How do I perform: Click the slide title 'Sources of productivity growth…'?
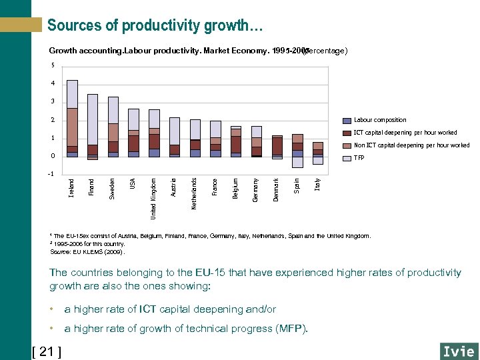click(x=155, y=25)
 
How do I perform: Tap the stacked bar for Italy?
click(x=318, y=151)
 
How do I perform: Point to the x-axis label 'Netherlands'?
click(x=194, y=193)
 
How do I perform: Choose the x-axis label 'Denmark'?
click(x=277, y=189)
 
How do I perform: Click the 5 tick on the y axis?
click(x=53, y=65)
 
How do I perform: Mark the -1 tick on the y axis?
click(x=51, y=175)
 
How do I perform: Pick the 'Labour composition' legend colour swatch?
click(x=346, y=121)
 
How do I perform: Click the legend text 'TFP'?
click(x=359, y=158)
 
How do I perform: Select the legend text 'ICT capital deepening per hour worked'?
click(x=405, y=133)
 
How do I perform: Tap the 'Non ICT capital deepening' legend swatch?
click(x=346, y=145)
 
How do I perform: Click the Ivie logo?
click(x=458, y=351)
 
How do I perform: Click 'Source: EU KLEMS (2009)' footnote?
click(x=87, y=252)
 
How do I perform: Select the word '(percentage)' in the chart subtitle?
click(x=325, y=51)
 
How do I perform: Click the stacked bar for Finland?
click(x=93, y=127)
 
